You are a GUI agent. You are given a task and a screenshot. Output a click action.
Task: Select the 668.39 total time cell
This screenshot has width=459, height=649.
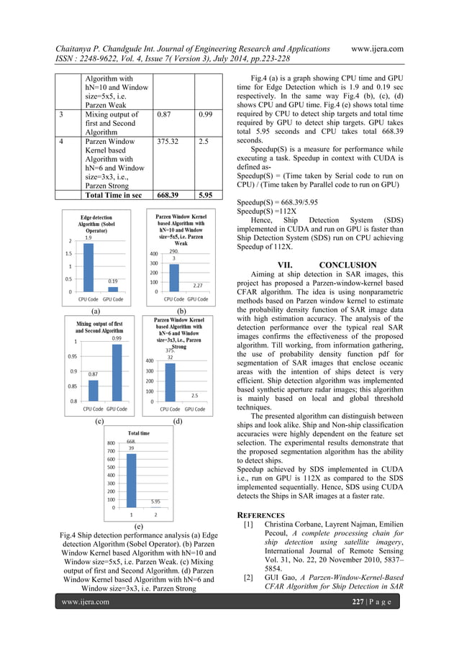[x=171, y=195]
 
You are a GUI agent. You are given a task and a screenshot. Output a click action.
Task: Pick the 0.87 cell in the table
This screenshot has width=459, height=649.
[x=166, y=114]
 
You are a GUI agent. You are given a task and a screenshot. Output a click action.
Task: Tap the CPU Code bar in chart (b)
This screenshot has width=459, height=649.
[x=174, y=278]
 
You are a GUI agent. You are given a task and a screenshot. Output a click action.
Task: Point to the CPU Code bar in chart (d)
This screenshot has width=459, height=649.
[x=170, y=382]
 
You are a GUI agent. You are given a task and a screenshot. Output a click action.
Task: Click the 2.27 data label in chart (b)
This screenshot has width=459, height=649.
[x=197, y=285]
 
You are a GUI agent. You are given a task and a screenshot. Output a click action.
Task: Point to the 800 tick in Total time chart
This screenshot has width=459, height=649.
[x=111, y=443]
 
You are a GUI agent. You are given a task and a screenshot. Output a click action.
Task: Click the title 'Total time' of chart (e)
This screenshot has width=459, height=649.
[x=139, y=433]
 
